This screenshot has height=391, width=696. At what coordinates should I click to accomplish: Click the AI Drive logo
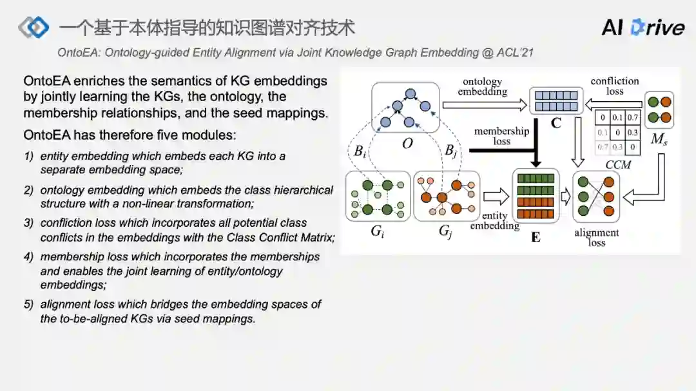coord(643,27)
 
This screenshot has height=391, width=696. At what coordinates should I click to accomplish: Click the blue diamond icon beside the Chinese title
coord(34,27)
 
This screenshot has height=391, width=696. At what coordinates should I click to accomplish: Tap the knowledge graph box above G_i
coord(378,196)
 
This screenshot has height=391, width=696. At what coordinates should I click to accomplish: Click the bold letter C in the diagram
coord(556,123)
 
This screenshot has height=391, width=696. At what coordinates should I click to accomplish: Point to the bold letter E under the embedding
coord(536,237)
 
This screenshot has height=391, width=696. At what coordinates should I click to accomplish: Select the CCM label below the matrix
coord(618,165)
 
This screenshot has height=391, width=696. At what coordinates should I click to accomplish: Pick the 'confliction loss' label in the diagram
coord(615,86)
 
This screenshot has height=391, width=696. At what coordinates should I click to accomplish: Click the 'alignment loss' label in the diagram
coord(596,237)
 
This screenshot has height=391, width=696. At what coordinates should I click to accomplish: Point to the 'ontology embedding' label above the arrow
coord(483,86)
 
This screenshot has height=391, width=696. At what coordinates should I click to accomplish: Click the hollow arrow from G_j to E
coord(496,196)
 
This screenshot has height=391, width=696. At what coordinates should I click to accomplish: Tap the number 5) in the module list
coord(28,304)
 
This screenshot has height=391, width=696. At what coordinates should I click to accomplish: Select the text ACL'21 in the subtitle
coord(515,53)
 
